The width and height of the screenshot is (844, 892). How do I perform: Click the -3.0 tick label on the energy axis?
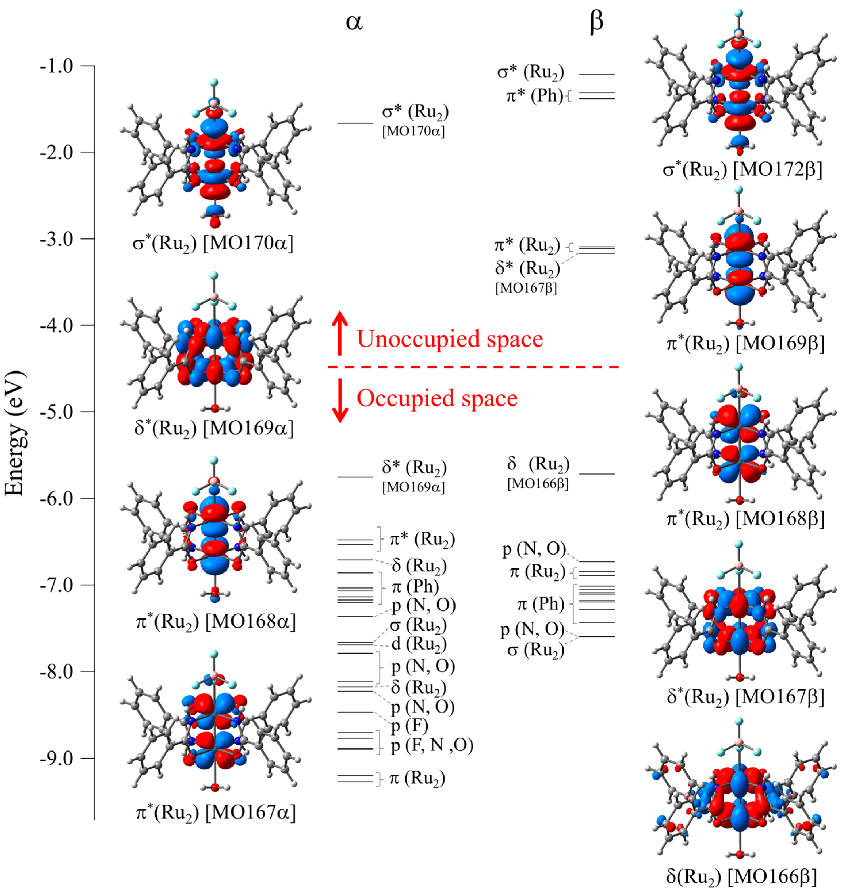pos(56,239)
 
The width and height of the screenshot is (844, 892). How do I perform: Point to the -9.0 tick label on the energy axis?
pos(56,758)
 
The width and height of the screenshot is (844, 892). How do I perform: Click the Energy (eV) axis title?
pos(14,433)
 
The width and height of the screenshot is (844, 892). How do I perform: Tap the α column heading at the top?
pos(354,22)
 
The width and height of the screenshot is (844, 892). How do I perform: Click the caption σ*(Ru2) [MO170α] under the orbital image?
pos(213,244)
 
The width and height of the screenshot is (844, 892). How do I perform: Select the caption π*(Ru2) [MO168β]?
pos(745,519)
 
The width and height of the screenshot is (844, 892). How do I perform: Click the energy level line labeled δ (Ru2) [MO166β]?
pos(597,474)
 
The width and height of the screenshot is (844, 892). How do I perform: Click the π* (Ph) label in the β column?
pos(535,95)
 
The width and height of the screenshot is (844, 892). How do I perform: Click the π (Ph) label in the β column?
pos(540,604)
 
